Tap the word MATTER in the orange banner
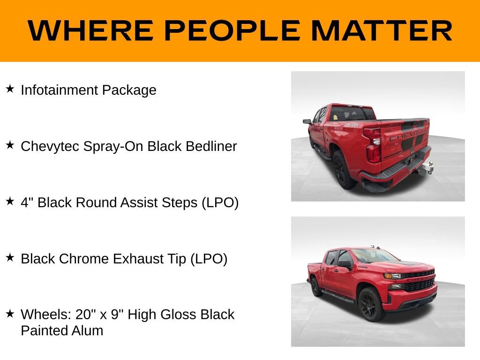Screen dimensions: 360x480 point(381,31)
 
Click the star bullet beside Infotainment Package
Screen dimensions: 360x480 point(10,89)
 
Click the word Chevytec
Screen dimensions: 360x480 point(50,146)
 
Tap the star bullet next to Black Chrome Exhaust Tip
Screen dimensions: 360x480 point(10,257)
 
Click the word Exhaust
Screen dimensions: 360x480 point(137,259)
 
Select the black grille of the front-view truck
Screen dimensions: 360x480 point(419,281)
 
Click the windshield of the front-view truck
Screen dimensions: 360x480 point(374,255)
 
